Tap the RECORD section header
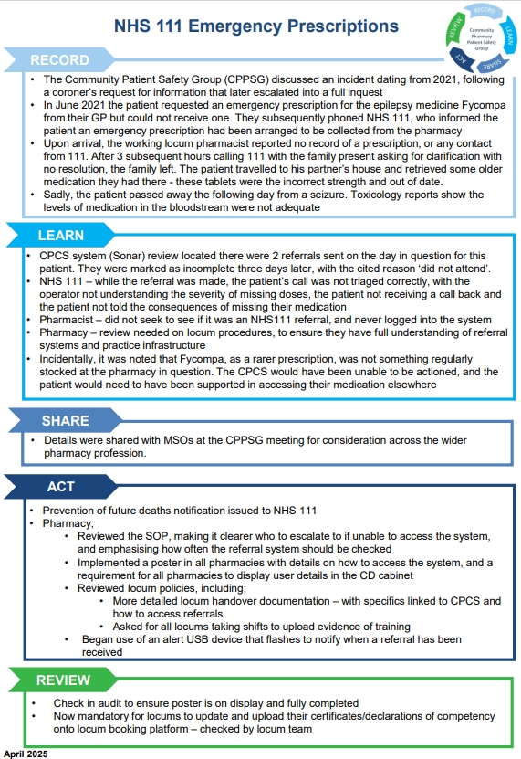click(60, 60)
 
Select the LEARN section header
click(61, 236)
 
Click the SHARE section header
click(65, 421)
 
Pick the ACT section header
click(60, 487)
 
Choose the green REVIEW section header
click(63, 680)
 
